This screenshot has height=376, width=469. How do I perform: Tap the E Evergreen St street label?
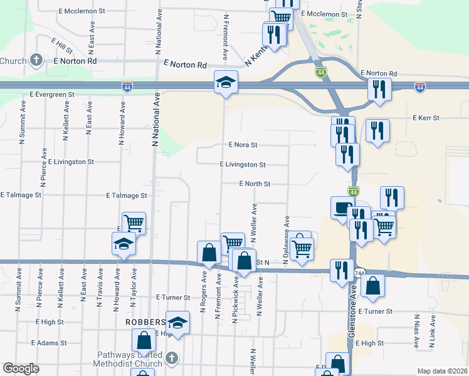[52, 94]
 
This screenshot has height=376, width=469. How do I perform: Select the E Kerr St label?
[426, 118]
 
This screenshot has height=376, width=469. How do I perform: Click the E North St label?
[254, 184]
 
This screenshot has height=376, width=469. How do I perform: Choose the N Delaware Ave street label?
[287, 240]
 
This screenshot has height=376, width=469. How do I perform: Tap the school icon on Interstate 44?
[225, 82]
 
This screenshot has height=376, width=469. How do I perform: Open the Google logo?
[21, 368]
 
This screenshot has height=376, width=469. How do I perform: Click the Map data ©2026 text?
[441, 371]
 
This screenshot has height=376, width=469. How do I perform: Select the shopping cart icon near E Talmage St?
[134, 222]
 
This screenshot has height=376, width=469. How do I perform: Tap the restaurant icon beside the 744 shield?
[342, 271]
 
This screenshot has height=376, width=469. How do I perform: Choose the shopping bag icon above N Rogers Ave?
[209, 253]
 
